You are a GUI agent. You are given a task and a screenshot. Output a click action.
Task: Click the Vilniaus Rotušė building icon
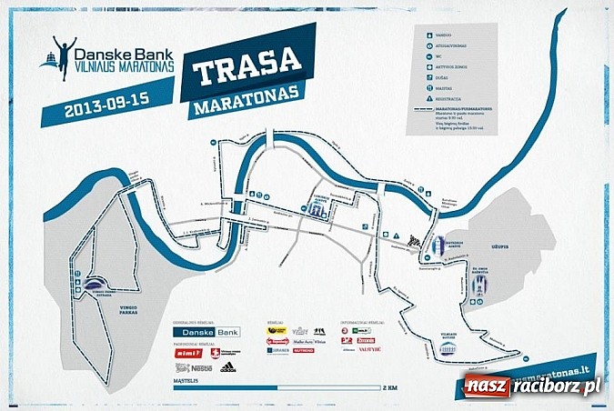pyautogui.click(x=448, y=346)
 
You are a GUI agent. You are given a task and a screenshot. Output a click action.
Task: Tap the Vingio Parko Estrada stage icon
pyautogui.click(x=96, y=285)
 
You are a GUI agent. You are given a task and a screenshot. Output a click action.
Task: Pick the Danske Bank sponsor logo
pyautogui.click(x=207, y=332)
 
